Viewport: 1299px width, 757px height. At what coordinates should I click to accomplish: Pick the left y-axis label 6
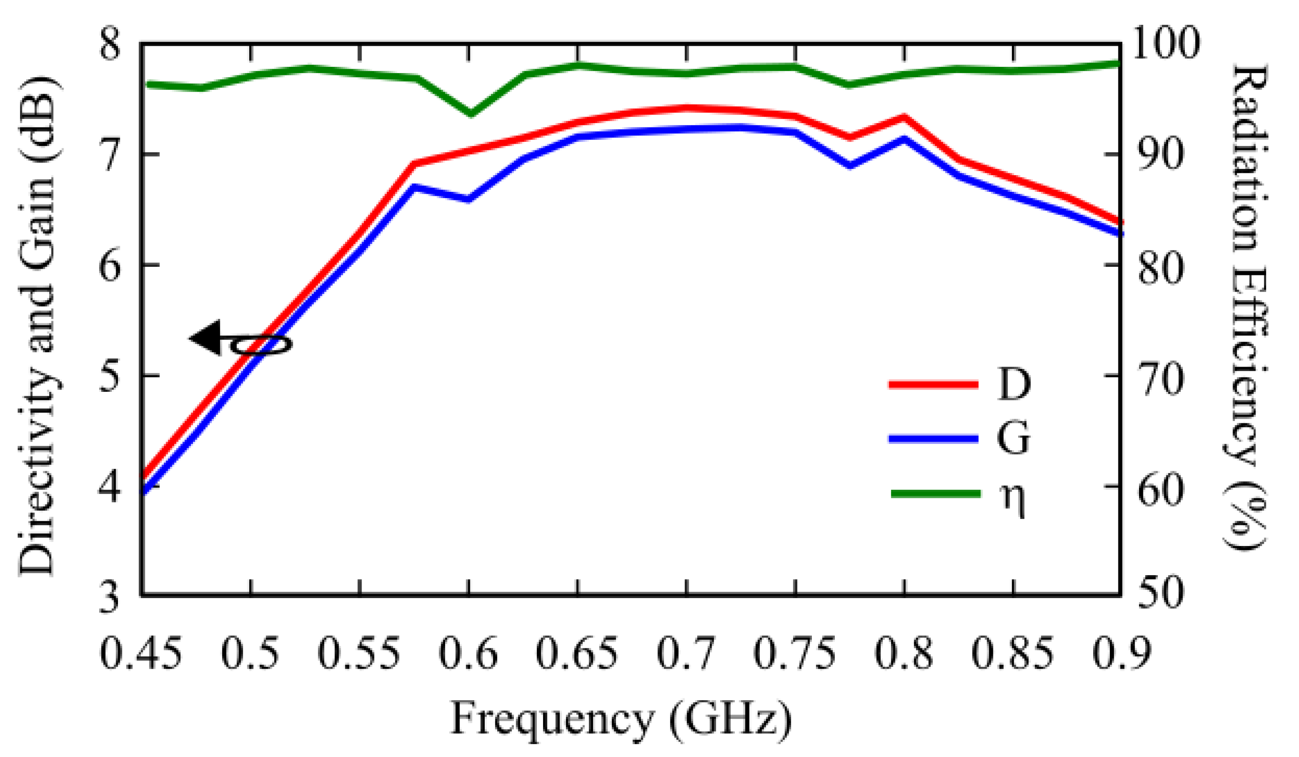[109, 266]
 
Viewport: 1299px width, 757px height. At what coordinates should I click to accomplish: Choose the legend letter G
[1013, 439]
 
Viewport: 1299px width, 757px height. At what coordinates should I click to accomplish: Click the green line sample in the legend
[936, 494]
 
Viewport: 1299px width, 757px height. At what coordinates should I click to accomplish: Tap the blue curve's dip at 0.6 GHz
[468, 199]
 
